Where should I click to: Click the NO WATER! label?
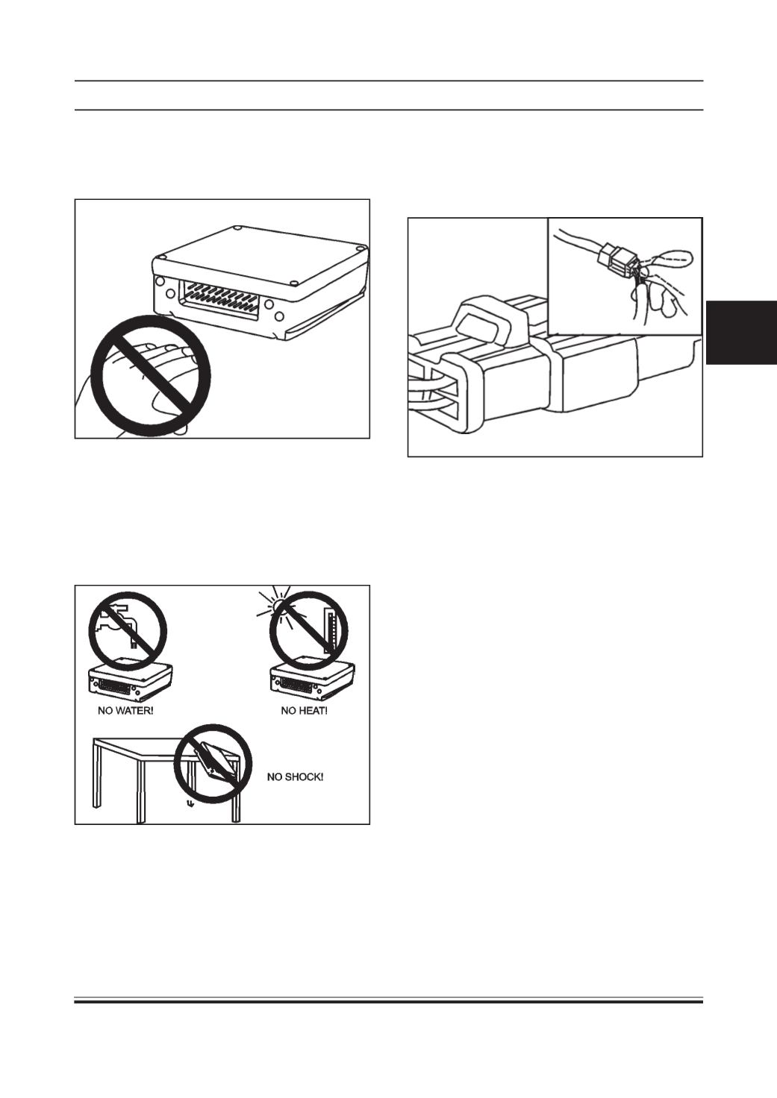tap(125, 710)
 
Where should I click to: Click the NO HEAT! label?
tap(304, 710)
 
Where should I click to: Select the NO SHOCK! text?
tap(295, 777)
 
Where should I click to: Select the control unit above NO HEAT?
tap(312, 682)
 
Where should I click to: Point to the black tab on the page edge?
tap(742, 333)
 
